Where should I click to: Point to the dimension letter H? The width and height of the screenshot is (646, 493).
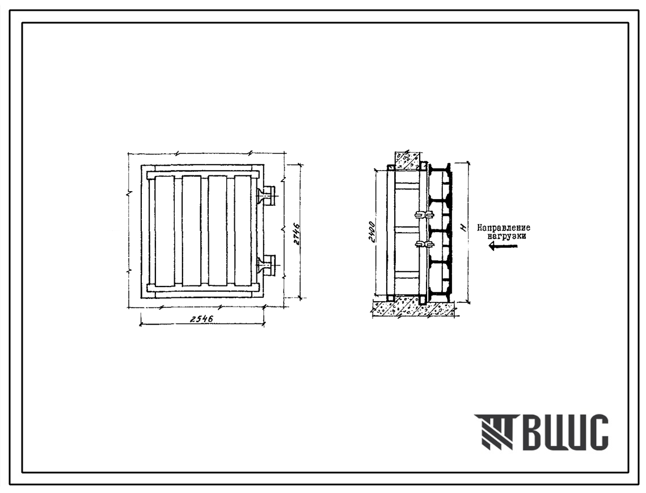[x=463, y=227]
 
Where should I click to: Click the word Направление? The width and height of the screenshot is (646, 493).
[x=504, y=228]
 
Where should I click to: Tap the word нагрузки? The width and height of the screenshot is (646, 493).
[x=506, y=237]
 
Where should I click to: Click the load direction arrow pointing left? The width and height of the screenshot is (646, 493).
[x=502, y=246]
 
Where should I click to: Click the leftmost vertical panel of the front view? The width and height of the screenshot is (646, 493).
[x=165, y=231]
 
